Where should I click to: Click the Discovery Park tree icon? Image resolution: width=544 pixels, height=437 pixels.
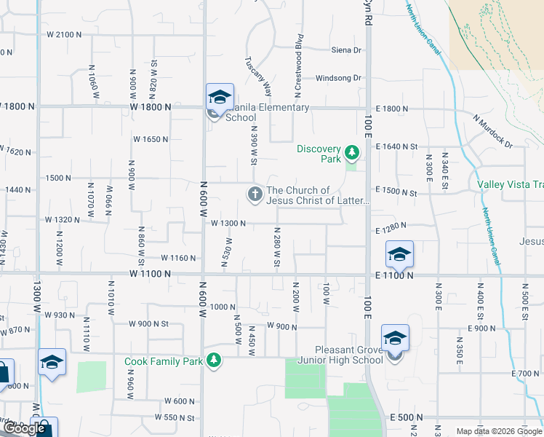pos(352,151)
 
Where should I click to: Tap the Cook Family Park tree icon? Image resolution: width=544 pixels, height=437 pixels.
pos(213,360)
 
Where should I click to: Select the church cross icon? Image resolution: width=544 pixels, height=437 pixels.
pos(255,194)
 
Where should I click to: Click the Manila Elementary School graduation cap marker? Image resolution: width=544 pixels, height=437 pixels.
pos(219,98)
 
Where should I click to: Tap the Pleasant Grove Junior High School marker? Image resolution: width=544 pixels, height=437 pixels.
pos(395,339)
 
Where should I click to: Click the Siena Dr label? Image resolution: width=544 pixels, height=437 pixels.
pos(346,50)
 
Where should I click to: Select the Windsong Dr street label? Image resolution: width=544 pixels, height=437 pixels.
pos(338,78)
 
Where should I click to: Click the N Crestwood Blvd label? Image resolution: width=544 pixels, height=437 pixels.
pos(298,66)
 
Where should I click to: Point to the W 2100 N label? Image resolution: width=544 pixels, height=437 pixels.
pos(64,34)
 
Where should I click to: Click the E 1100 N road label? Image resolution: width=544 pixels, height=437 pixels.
pos(395,275)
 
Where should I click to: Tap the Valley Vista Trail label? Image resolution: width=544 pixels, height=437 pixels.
pos(510,185)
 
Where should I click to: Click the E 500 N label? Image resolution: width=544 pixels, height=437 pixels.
pos(407,417)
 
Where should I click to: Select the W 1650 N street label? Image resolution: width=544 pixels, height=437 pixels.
pos(151,138)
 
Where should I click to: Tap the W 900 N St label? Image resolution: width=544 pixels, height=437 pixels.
pos(148,323)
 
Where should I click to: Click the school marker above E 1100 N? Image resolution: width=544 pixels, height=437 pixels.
pos(399,255)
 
